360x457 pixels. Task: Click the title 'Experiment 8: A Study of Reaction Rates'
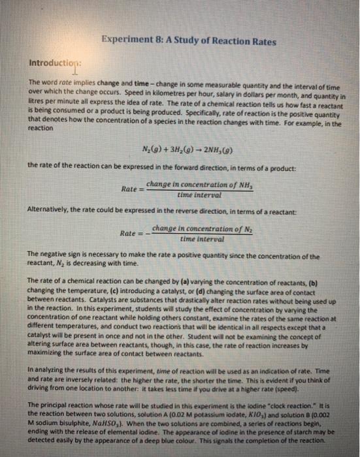pos(189,42)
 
